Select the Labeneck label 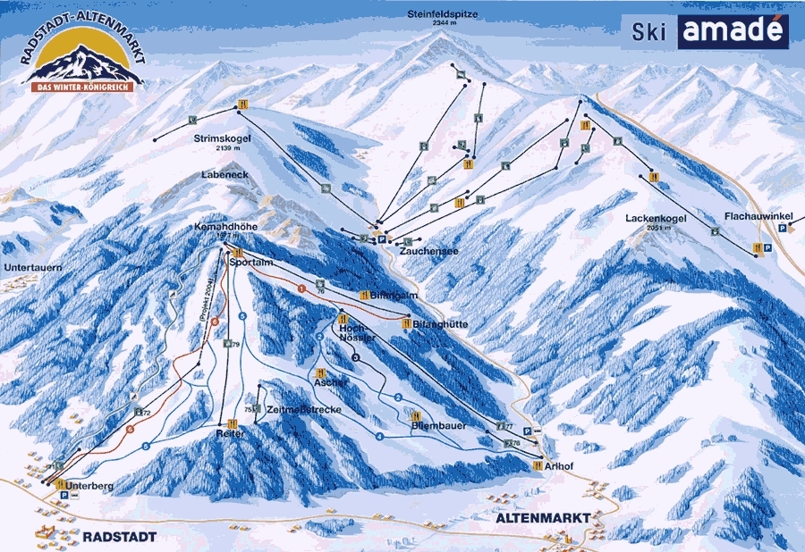click(x=225, y=175)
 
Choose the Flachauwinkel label click(x=758, y=215)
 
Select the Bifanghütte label click(x=440, y=323)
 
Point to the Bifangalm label click(x=396, y=294)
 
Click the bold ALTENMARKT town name click(x=543, y=518)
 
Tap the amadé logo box click(x=733, y=31)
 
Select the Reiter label click(x=230, y=433)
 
